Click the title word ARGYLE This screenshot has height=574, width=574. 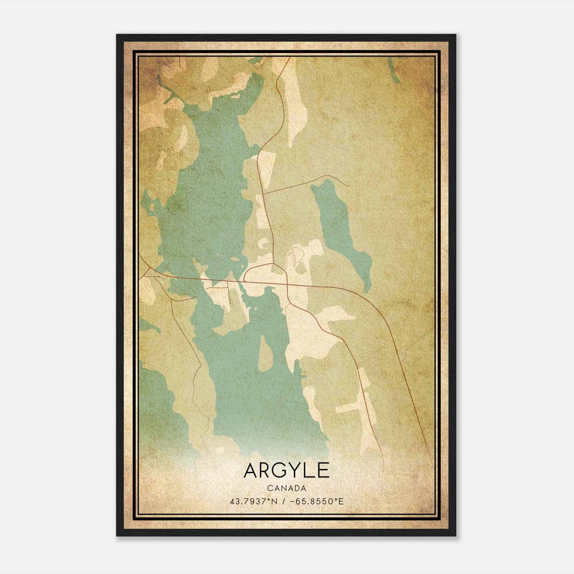pos(286,470)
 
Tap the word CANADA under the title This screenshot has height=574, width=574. pos(286,488)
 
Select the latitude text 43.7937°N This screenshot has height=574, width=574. pos(253,501)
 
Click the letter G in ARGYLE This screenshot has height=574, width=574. pos(277,470)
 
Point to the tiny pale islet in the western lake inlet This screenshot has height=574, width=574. pos(151,207)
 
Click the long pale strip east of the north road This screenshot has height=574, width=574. pos(297,108)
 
